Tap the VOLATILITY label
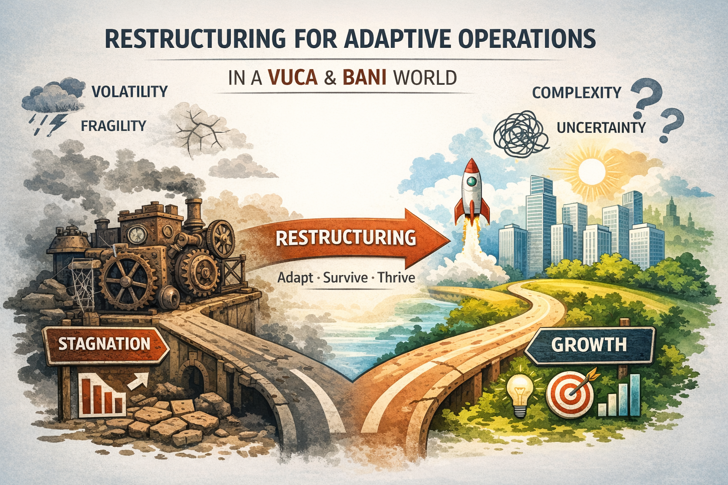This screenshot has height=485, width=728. [128, 91]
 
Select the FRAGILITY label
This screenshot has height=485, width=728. [113, 126]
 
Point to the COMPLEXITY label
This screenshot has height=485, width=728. [576, 92]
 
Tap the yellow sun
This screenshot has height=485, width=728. [591, 170]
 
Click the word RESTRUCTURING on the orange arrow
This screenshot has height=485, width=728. [346, 237]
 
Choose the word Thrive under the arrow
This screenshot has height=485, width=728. [396, 277]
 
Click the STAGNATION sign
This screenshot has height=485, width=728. [104, 343]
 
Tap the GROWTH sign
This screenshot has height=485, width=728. [589, 344]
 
